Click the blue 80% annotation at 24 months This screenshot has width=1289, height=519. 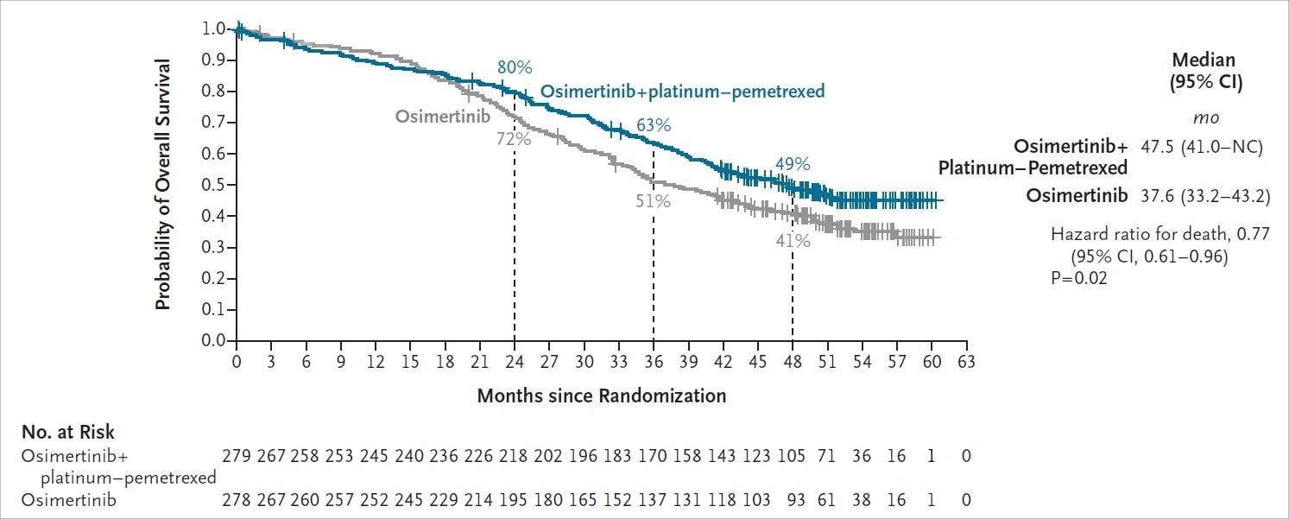click(x=514, y=67)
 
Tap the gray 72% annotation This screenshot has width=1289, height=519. click(x=513, y=138)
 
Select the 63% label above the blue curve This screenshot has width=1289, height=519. click(x=654, y=125)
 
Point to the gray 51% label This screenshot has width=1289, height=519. click(x=654, y=201)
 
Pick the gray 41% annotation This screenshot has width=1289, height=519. click(x=793, y=241)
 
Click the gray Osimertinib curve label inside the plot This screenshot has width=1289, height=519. click(x=444, y=116)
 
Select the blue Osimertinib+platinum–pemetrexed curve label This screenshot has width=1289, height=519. click(x=682, y=92)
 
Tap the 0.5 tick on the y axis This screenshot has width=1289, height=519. click(x=213, y=185)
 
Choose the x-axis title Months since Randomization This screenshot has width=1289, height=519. click(x=601, y=396)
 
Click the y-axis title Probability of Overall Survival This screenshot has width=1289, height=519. click(x=163, y=185)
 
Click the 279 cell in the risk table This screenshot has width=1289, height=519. click(x=237, y=456)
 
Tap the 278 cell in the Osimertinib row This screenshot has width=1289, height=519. click(x=237, y=500)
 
